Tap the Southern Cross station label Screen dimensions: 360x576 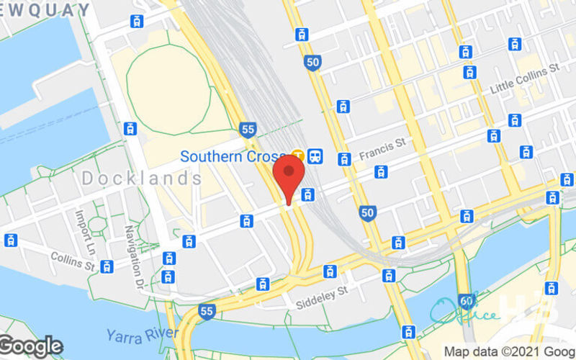coord(235,156)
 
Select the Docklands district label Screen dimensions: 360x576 coord(141,179)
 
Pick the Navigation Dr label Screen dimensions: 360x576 coord(134,256)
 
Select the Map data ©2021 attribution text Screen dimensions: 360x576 coord(509,352)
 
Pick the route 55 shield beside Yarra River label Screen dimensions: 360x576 coord(207,312)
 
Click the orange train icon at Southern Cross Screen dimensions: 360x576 coord(298,156)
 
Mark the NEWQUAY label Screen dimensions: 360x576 coord(45,10)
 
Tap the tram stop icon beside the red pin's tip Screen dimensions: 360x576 coord(308,194)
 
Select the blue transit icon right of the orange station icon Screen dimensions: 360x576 coord(315,156)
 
